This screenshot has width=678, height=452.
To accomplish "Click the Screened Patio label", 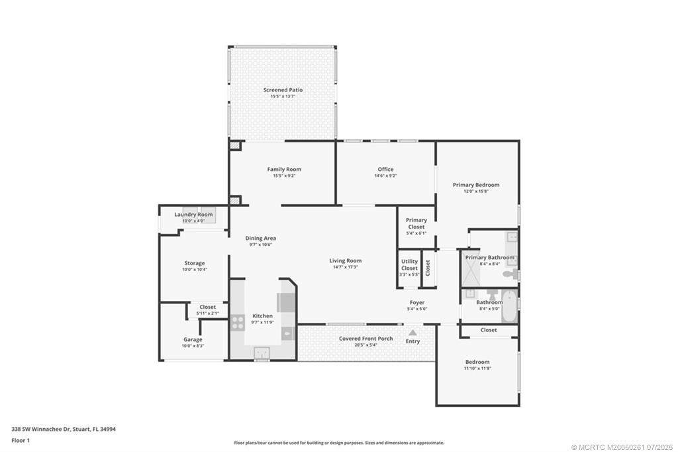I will click(283, 89).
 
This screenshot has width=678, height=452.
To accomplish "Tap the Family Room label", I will click(284, 169).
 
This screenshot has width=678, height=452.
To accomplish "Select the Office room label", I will click(385, 169).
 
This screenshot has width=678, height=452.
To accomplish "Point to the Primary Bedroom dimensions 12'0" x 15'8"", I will click(476, 192).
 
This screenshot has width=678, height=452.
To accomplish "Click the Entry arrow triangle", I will click(412, 333).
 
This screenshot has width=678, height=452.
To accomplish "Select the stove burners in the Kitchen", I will click(237, 323).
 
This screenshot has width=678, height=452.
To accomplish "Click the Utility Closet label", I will click(409, 264).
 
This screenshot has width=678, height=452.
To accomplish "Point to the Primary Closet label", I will click(416, 223).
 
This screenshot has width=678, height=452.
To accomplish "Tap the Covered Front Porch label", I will click(365, 338).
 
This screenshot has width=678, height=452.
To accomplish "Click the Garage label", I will click(193, 339).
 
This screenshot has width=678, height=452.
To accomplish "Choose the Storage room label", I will click(194, 263).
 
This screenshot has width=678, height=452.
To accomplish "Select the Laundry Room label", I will click(193, 214).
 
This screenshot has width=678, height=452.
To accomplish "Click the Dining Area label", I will click(260, 238).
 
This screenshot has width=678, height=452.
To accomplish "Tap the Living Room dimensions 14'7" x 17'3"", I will click(345, 267).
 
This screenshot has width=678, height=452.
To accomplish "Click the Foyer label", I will click(416, 302).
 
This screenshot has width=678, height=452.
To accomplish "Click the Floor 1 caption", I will click(21, 440).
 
